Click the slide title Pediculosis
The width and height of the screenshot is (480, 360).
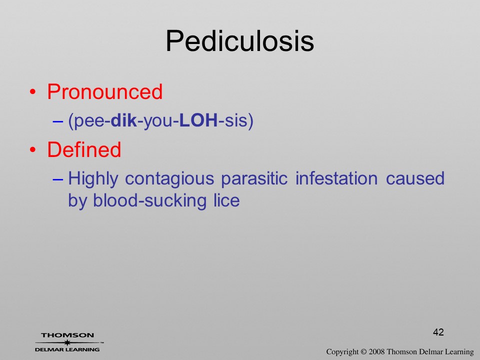239,41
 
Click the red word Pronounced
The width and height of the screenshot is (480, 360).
104,91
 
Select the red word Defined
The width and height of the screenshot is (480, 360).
84,149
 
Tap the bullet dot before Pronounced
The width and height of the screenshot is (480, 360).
33,92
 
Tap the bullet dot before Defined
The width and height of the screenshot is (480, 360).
33,149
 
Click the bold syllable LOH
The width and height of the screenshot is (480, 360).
198,120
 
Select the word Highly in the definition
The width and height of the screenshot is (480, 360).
93,179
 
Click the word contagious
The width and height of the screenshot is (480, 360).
169,179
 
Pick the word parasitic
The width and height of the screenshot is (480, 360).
254,179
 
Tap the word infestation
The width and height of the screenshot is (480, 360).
336,178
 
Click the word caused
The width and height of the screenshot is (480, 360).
415,178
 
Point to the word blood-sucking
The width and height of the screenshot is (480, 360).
149,201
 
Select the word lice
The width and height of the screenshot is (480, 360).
226,200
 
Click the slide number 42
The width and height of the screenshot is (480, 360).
438,332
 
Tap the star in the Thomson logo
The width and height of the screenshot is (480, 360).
67,342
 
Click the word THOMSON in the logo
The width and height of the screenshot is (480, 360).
67,335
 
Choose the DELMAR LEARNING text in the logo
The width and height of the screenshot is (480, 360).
67,349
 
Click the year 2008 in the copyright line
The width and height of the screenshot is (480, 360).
376,351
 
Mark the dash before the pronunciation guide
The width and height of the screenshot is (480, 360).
58,121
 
